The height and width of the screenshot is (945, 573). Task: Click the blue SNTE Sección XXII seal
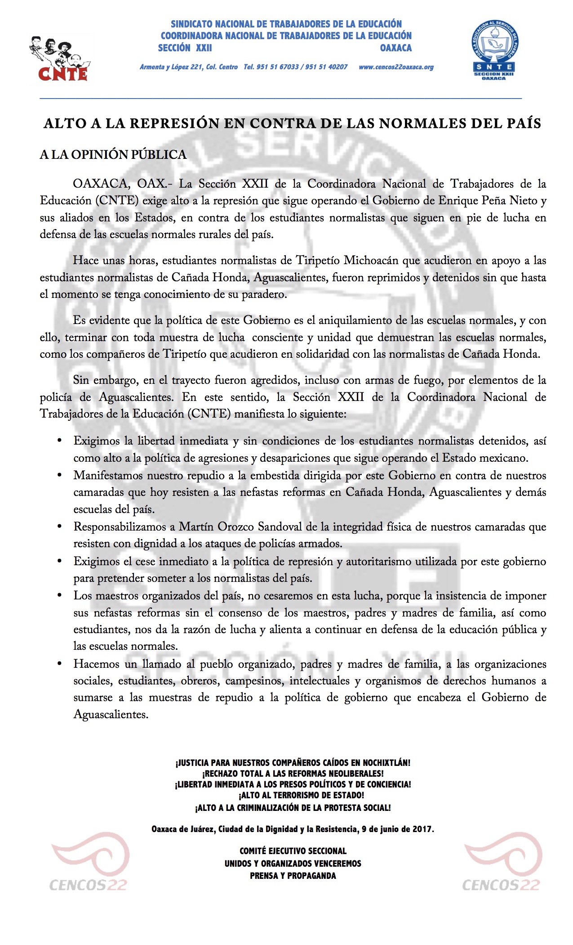pos(493,51)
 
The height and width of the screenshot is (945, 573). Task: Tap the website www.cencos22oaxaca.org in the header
pos(396,67)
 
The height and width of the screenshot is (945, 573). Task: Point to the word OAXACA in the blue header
pos(395,48)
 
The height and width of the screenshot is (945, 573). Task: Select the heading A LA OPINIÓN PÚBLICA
pos(113,155)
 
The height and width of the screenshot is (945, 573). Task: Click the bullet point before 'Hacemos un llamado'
pos(59,664)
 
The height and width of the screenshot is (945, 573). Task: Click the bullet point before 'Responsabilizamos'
pos(59,526)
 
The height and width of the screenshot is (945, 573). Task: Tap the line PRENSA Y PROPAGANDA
pos(293,875)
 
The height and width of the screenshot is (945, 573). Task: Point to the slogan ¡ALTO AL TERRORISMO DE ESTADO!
pos(301,795)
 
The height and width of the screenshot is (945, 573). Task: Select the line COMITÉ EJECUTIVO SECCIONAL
pos(293,851)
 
